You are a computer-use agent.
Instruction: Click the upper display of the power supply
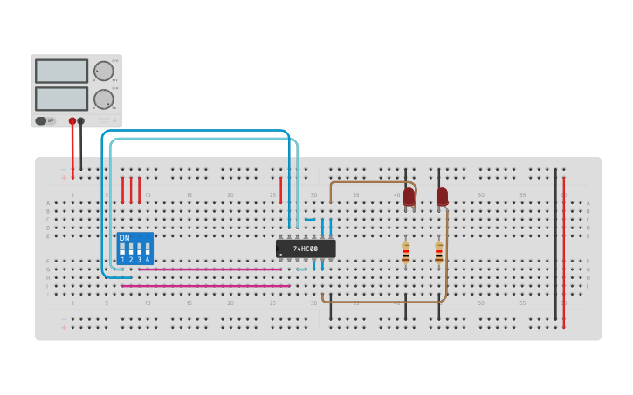[x=61, y=71]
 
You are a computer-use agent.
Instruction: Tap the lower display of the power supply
[x=61, y=98]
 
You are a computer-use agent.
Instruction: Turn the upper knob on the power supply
[x=103, y=72]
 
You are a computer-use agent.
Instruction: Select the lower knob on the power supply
[x=103, y=99]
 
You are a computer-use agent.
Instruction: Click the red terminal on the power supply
[x=72, y=121]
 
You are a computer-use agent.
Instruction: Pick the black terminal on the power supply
[x=81, y=121]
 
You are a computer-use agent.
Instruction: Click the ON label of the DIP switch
[x=124, y=237]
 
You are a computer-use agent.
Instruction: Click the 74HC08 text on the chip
[x=306, y=249]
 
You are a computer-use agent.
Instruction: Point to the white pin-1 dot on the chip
[x=280, y=255]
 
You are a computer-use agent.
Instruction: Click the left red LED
[x=409, y=197]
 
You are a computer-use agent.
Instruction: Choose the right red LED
[x=442, y=197]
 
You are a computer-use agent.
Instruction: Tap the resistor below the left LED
[x=405, y=253]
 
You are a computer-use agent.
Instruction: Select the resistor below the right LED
[x=438, y=253]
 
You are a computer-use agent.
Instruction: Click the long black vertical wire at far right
[x=555, y=244]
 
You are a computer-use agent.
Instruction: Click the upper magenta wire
[x=210, y=269]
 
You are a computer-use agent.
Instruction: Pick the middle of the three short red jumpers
[x=131, y=190]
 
